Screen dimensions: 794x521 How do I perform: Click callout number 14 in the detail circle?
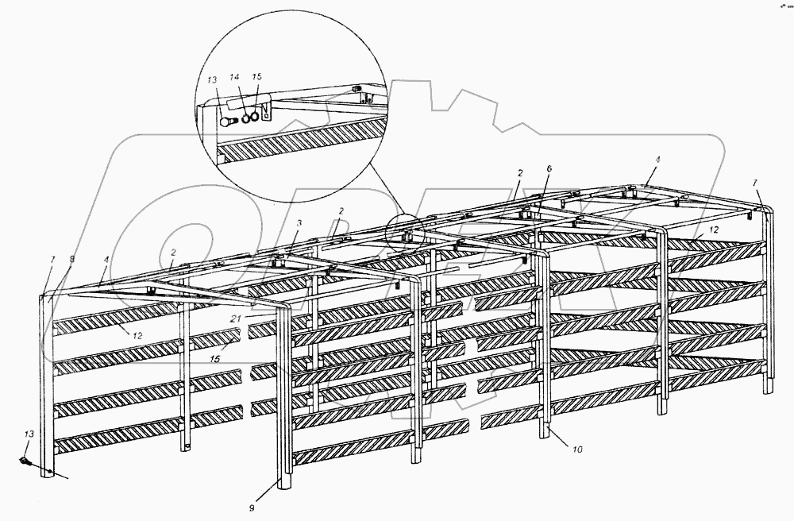coord(234,77)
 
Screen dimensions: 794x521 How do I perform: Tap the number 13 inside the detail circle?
coord(211,80)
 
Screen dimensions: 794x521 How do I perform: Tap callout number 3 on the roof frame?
coord(298,225)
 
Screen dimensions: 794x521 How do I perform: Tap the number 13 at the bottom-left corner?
coord(29,435)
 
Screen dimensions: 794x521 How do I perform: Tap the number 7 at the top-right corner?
coord(755,183)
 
